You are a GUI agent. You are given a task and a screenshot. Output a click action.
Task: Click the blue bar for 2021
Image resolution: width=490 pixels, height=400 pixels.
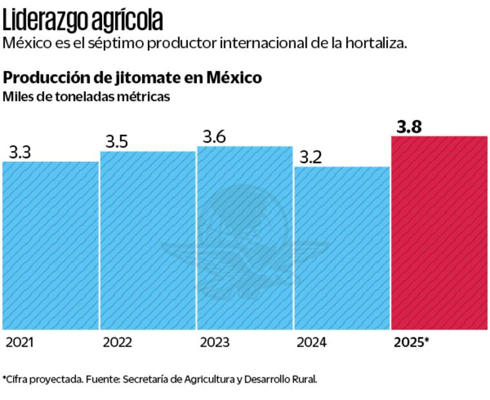point(50,245)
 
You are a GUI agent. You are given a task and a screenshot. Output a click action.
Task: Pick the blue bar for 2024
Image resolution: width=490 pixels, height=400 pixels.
point(342,248)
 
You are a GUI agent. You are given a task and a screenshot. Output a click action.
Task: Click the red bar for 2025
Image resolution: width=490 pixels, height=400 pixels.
point(439,232)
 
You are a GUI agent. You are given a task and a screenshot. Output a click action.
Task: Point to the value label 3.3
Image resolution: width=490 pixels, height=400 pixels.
point(20,152)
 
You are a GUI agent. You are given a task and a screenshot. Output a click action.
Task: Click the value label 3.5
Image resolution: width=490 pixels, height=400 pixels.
point(117,142)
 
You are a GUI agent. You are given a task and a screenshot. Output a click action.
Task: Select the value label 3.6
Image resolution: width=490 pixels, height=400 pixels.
point(214,137)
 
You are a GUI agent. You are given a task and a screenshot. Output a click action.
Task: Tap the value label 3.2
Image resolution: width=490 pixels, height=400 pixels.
point(311,157)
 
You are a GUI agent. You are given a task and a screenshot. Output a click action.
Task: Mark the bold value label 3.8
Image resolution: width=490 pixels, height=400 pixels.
point(409,126)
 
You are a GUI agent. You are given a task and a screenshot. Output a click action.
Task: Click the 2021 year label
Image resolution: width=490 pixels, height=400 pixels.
point(20,343)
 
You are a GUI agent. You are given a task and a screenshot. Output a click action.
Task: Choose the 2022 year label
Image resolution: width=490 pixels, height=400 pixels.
point(117,343)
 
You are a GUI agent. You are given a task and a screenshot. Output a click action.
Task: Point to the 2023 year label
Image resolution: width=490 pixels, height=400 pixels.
point(214,343)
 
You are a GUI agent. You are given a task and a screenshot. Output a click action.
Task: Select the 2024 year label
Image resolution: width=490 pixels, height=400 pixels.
point(312,343)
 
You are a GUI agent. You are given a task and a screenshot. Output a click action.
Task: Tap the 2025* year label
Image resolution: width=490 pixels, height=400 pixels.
point(411,343)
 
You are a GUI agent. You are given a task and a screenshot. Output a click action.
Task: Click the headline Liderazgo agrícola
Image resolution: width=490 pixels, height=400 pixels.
point(82,21)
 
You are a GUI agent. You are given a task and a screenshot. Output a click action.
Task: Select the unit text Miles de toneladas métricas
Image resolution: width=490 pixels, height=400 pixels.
point(87,97)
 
